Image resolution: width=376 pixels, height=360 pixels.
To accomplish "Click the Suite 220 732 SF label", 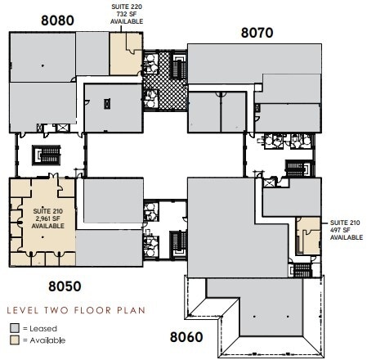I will [127, 16].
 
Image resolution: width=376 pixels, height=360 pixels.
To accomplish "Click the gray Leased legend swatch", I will [14, 327].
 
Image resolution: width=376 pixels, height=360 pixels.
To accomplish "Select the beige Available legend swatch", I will [14, 340].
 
